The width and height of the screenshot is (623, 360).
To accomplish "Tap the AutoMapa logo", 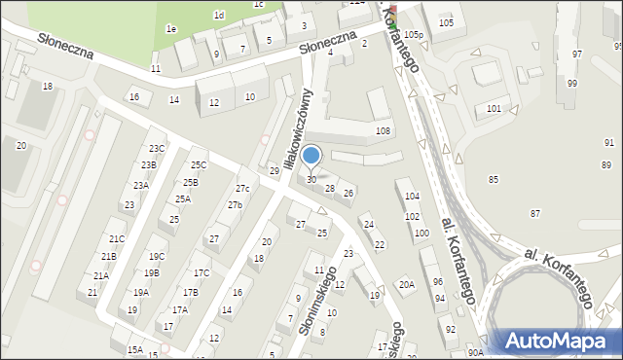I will tap(559, 342).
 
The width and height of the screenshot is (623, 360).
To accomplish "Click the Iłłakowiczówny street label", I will tap(296, 128).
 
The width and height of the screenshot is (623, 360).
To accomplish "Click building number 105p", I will tap(414, 35).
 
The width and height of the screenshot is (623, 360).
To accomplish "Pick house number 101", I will tap(495, 108).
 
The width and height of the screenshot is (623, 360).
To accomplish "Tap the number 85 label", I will tap(494, 180).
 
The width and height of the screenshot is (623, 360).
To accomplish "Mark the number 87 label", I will tap(534, 213).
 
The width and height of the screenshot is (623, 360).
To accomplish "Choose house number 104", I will tap(412, 198).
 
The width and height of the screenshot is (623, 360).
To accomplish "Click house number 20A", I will tap(406, 284).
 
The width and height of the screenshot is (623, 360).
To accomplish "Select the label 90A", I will tap(475, 352).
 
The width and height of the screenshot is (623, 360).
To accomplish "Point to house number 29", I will tap(275, 171).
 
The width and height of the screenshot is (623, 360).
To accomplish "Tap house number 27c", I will tap(242, 188).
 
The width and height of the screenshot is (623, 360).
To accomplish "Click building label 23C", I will tap(157, 149).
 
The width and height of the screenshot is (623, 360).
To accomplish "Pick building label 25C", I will tap(199, 165).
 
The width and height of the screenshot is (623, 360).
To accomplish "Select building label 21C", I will tap(117, 238).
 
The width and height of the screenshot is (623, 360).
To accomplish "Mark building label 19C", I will tap(157, 257).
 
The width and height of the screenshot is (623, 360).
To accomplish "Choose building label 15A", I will tap(134, 349).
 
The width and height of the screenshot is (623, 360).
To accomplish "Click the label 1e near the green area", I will tap(170, 29).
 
